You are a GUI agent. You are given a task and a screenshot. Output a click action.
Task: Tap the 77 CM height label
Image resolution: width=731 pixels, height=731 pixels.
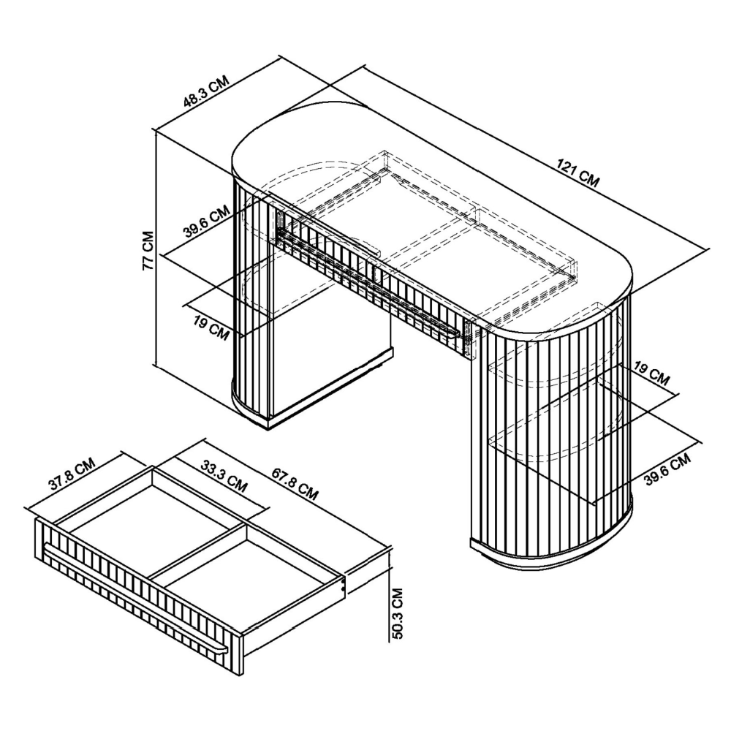(x=148, y=250)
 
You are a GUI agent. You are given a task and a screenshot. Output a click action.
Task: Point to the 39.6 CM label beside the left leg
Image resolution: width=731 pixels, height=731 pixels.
(x=207, y=221)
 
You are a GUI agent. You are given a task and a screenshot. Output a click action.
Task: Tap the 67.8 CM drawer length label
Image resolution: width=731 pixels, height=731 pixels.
(x=295, y=485)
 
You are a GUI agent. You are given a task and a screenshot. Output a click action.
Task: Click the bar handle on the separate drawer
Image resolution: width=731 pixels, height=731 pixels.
(x=135, y=597)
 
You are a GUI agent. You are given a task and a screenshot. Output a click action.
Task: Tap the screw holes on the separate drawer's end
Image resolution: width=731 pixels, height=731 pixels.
(x=344, y=584)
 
